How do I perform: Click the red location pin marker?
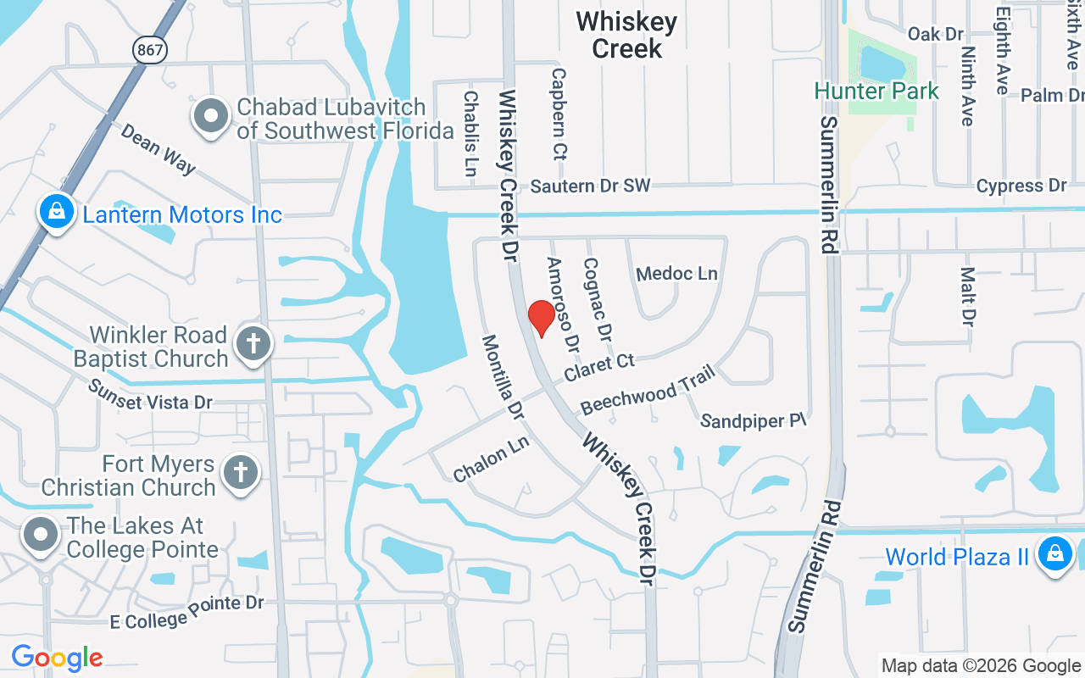tap(542, 318)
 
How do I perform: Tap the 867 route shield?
tap(149, 51)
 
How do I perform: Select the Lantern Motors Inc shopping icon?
tap(56, 210)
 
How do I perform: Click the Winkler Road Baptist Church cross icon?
tap(253, 343)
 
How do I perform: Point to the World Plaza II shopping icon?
tap(1055, 553)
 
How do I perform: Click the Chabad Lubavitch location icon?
tap(211, 116)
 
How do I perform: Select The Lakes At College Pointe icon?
tap(40, 536)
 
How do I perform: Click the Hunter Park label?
tap(876, 91)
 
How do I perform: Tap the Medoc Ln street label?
tap(676, 274)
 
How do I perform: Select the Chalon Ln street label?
tap(491, 460)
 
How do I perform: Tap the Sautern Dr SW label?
tap(590, 186)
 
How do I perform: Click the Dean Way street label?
tap(158, 149)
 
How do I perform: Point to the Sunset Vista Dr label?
tap(150, 396)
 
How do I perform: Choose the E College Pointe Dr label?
tap(187, 612)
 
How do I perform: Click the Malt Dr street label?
tap(967, 297)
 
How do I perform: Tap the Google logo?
tap(57, 657)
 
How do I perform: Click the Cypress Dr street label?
tap(1021, 186)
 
